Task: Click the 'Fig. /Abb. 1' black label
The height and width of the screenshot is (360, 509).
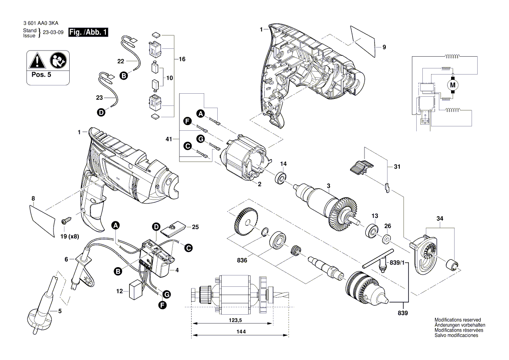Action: coord(88,32)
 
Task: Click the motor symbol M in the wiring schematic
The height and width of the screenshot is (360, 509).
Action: coord(452,84)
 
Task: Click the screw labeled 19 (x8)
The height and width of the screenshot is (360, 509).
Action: coord(65,221)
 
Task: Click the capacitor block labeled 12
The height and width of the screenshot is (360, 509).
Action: coord(136,290)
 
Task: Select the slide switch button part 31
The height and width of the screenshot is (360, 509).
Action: coord(361,167)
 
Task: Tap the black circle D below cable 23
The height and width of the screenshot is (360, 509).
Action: coord(101,112)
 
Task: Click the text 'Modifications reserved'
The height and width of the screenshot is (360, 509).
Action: coord(457,319)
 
